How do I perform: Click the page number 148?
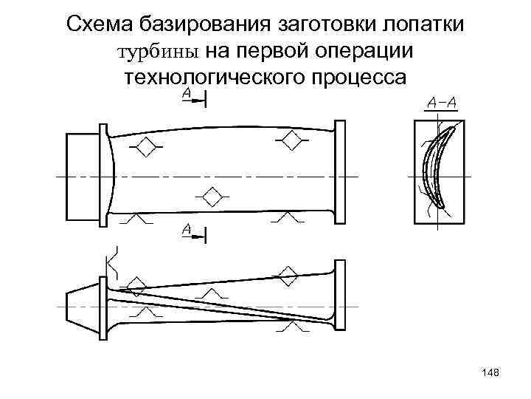click(490, 375)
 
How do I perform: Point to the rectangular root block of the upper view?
click(88, 178)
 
